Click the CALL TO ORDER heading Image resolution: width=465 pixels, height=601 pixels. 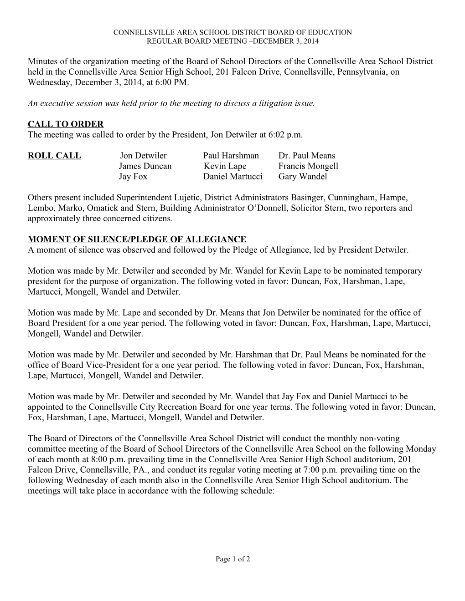click(66, 124)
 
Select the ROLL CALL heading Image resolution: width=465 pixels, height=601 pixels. click(54, 156)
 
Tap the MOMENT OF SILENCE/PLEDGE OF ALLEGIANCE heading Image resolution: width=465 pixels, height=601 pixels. click(137, 239)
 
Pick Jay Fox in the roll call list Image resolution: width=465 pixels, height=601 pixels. click(133, 177)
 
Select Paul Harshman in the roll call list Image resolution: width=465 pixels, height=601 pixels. click(231, 156)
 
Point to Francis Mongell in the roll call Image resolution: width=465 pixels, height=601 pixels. click(308, 166)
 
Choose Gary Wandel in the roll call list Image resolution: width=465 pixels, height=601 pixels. click(303, 177)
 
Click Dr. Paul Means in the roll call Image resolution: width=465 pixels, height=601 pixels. click(306, 156)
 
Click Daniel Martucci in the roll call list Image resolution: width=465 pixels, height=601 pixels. click(232, 177)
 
